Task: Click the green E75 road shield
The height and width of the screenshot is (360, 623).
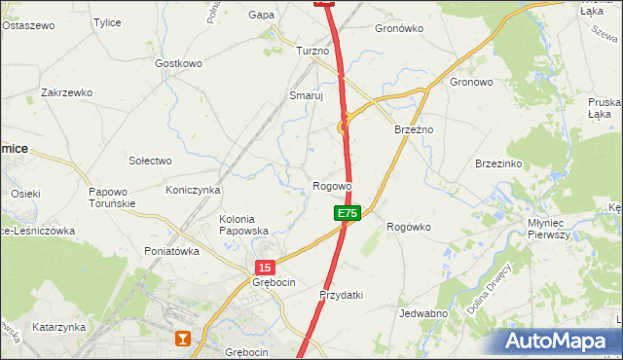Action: tap(348, 213)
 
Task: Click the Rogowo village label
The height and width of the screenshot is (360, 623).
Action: tap(332, 186)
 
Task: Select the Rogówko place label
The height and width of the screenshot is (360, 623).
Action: tap(409, 227)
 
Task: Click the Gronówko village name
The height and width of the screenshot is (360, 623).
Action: tap(399, 29)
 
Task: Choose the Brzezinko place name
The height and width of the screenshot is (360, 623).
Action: tap(499, 164)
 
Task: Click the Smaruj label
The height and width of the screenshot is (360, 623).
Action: tap(307, 96)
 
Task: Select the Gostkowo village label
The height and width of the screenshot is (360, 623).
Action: tap(178, 63)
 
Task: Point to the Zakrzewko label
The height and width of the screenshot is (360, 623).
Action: tap(66, 93)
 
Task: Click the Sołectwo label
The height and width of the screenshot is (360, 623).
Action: tap(150, 161)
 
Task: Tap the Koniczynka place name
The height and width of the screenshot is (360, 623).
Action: tap(193, 190)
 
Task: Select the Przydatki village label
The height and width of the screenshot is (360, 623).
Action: tap(341, 295)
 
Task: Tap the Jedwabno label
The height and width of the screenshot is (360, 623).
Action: tap(422, 313)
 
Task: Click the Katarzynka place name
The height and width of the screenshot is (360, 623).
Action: tap(58, 327)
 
